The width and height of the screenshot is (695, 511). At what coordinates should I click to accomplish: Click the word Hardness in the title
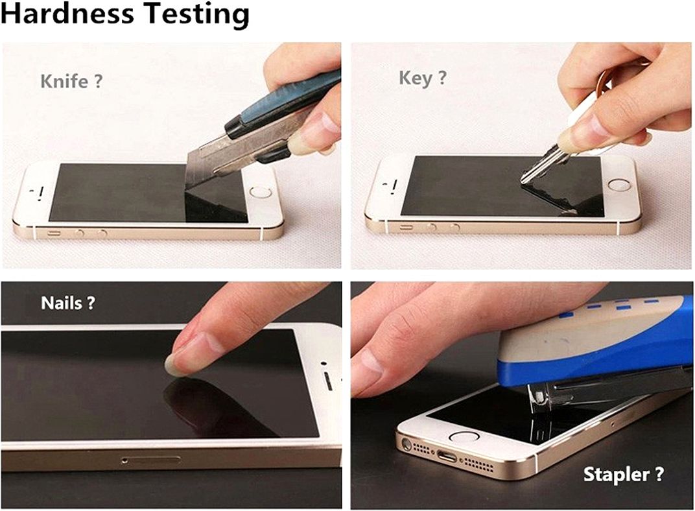67,14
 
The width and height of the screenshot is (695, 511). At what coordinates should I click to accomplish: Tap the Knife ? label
71,82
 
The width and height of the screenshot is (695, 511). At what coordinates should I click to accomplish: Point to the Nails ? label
68,303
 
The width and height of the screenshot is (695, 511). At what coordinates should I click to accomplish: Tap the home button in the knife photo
260,193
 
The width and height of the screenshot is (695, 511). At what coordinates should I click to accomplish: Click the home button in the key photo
618,185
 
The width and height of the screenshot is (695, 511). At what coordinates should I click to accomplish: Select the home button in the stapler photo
464,436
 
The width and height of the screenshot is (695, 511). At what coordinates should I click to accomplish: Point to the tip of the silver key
523,181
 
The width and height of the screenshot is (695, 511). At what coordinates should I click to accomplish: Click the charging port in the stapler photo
446,456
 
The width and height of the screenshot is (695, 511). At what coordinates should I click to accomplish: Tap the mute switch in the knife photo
54,233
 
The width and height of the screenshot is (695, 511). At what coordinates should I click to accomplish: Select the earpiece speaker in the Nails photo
329,381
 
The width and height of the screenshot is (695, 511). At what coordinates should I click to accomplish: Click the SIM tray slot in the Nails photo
150,460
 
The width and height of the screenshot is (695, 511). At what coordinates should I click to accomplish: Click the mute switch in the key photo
406,228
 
